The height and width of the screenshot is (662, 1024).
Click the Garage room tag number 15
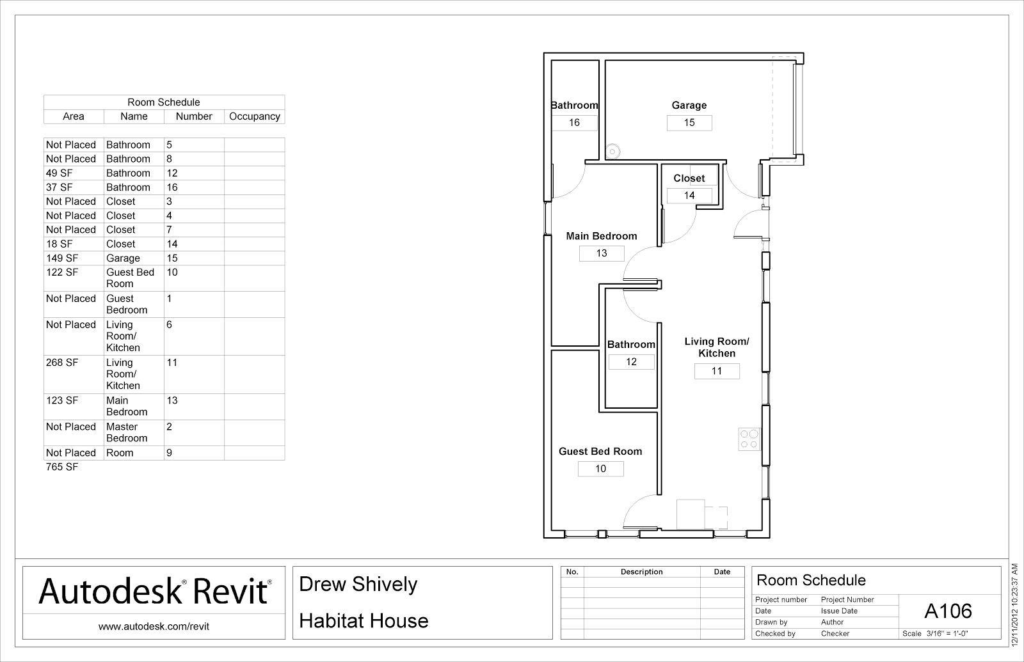click(x=689, y=123)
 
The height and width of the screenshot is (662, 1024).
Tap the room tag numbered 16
click(x=574, y=123)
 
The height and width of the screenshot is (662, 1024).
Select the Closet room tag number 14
click(x=689, y=196)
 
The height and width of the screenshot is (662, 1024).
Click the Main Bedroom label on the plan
click(x=601, y=236)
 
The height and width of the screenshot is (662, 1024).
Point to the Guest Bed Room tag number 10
click(x=600, y=469)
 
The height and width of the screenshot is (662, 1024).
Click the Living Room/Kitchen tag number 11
click(x=717, y=372)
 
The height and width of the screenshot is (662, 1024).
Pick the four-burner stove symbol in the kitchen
click(x=749, y=439)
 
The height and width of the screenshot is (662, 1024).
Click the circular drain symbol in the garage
click(x=612, y=152)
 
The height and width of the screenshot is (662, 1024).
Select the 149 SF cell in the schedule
click(x=61, y=258)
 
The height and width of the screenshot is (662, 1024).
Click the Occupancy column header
click(x=255, y=116)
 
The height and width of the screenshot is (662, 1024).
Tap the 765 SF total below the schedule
click(x=61, y=467)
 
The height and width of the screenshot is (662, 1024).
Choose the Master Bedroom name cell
click(x=127, y=432)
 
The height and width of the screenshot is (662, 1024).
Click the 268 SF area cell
click(x=61, y=363)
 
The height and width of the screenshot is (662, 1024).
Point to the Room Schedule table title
click(x=164, y=102)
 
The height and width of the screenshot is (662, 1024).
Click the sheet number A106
click(x=948, y=611)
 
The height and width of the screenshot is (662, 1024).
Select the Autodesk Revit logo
click(x=154, y=591)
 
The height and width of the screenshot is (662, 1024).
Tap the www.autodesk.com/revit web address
click(x=154, y=627)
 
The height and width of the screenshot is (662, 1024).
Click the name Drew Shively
click(x=358, y=585)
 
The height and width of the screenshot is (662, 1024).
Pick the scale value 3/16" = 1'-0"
click(x=947, y=634)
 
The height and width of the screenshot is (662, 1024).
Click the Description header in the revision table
click(x=641, y=572)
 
